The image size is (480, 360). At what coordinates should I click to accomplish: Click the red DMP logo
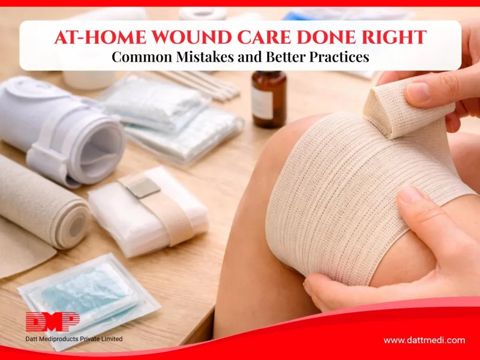pos(52,322)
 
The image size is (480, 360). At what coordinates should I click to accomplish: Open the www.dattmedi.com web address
pos(424,340)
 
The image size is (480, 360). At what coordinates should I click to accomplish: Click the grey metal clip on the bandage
pos(145,187)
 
